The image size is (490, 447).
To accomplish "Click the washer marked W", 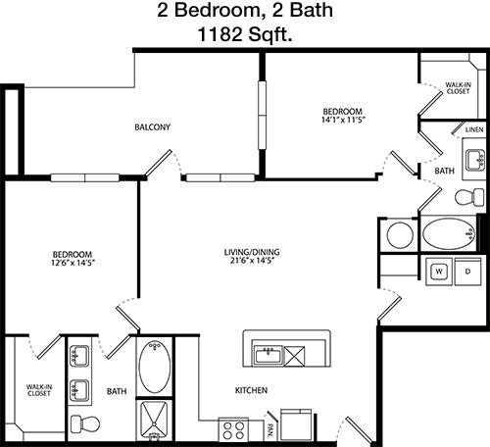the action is tap(439, 272).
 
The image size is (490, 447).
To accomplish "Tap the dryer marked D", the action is tap(467, 272).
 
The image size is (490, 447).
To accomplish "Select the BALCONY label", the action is tap(153, 126).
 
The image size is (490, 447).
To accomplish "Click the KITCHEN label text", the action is tap(251, 390).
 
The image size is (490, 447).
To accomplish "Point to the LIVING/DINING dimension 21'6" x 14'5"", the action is tap(252, 261).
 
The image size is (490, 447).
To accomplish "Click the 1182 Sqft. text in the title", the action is tap(245, 34).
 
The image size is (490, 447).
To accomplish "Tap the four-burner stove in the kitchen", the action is tap(233, 430).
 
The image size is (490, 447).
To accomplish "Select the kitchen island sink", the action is tap(269, 355).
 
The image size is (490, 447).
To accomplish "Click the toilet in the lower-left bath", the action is tap(85, 423).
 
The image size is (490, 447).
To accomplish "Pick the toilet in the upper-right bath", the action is tap(469, 197).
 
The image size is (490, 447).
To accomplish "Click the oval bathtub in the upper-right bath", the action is tap(449, 234).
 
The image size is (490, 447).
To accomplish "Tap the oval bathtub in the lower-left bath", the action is tap(155, 367).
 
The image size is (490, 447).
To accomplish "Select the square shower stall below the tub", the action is tap(154, 420).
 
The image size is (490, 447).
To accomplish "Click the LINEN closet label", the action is tap(474, 129).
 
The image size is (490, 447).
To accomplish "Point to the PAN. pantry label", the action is tap(270, 430).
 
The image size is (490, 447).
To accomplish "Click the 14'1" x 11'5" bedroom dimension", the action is tap(343, 120).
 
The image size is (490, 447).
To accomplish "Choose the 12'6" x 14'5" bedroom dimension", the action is tap(73, 263).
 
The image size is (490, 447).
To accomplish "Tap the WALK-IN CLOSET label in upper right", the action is tap(458, 88).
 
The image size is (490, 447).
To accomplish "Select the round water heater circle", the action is tap(400, 235).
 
